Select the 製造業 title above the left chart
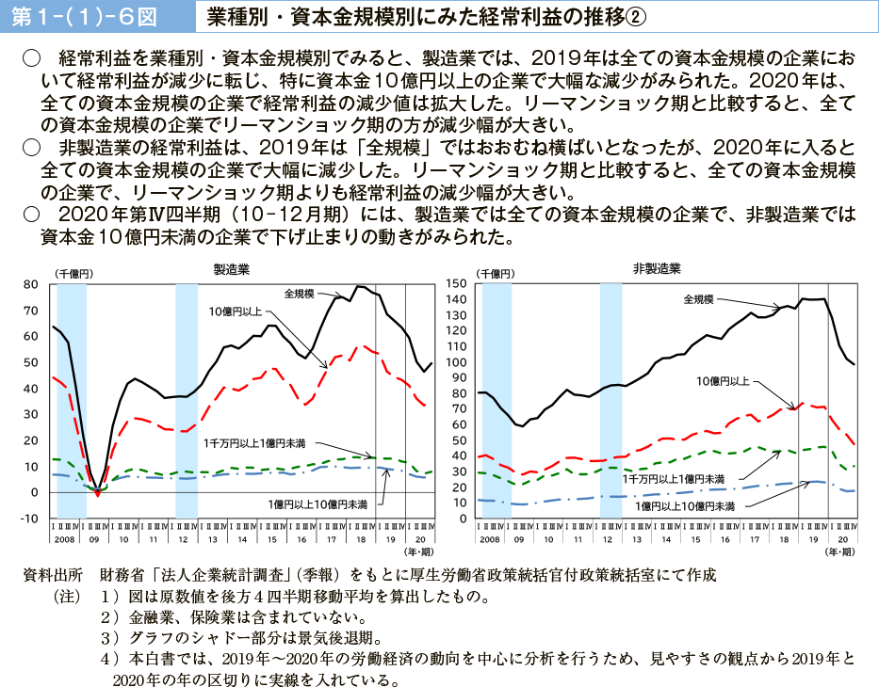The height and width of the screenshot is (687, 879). (x=232, y=269)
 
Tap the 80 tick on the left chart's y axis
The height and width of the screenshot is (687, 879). (x=30, y=284)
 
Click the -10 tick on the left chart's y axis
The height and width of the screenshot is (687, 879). (x=28, y=519)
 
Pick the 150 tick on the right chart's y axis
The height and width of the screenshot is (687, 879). (x=459, y=284)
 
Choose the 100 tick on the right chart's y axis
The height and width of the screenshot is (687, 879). (x=459, y=362)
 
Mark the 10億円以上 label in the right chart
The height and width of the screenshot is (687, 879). (x=723, y=381)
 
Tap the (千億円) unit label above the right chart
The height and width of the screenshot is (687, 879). (x=498, y=272)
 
